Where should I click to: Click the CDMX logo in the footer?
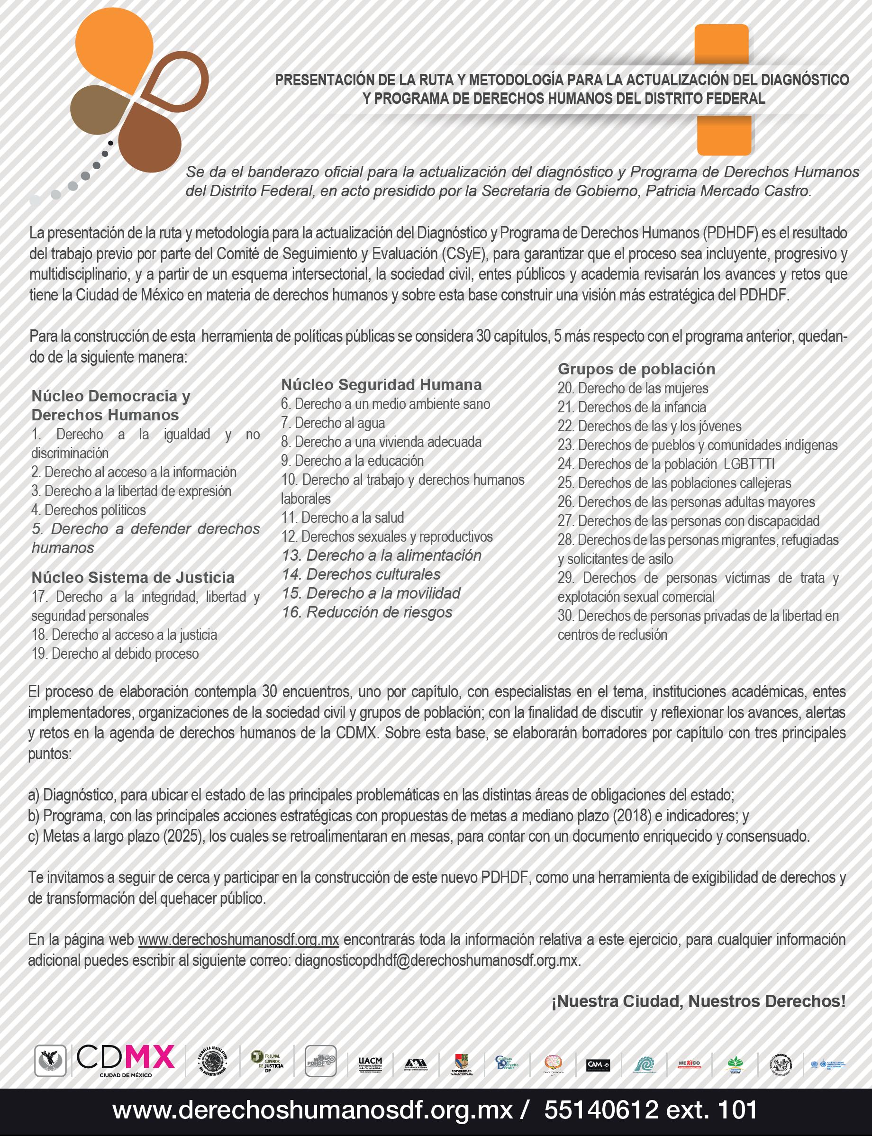(x=125, y=1060)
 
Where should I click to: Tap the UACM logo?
(x=370, y=1064)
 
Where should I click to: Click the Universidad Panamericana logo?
(x=461, y=1064)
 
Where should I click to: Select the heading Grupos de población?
(x=636, y=369)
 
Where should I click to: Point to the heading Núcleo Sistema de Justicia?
(x=133, y=577)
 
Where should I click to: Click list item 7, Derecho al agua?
(x=333, y=423)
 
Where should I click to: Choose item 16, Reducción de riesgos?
(x=367, y=612)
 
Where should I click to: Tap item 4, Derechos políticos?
(x=89, y=509)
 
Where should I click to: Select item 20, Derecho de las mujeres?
(x=633, y=388)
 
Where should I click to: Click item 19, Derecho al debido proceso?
(x=115, y=654)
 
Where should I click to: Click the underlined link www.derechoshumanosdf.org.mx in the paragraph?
(x=239, y=940)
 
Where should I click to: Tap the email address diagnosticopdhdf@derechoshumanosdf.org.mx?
(x=436, y=961)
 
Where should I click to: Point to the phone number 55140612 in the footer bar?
(x=601, y=1110)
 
